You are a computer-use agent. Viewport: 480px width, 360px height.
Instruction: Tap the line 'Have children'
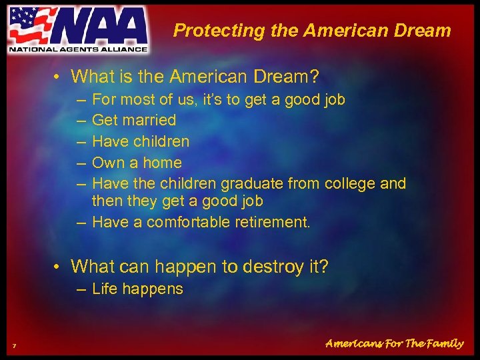coord(140,141)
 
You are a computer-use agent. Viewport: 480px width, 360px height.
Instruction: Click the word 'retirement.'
coord(273,222)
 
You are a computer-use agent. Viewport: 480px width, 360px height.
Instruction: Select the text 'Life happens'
coord(137,289)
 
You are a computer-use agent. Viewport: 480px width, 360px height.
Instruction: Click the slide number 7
coord(14,345)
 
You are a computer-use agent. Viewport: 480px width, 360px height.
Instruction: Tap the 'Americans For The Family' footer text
coord(394,344)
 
